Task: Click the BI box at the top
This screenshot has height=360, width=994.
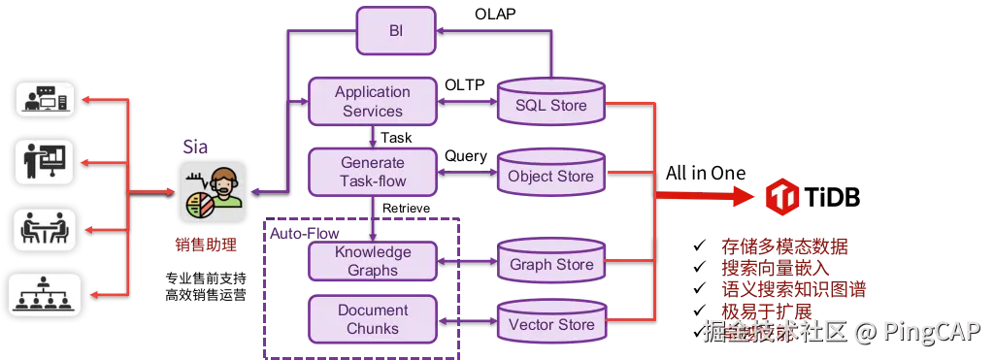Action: pos(396,31)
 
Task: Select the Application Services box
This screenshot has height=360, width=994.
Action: pos(372,101)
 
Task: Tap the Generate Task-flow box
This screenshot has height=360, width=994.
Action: pos(372,172)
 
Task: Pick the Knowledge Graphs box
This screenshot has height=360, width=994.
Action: pos(372,260)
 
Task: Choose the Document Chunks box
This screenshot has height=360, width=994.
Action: pos(372,318)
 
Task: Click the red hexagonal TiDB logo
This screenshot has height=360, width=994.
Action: pos(781,197)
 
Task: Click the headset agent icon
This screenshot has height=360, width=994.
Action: pos(213,192)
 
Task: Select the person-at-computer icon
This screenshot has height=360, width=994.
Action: pos(45,99)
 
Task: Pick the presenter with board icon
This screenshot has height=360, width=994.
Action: pos(45,162)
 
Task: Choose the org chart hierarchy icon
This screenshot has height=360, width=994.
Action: pos(45,294)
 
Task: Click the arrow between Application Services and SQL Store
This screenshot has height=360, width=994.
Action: pos(466,101)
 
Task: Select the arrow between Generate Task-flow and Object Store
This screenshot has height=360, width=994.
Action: pos(466,175)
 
